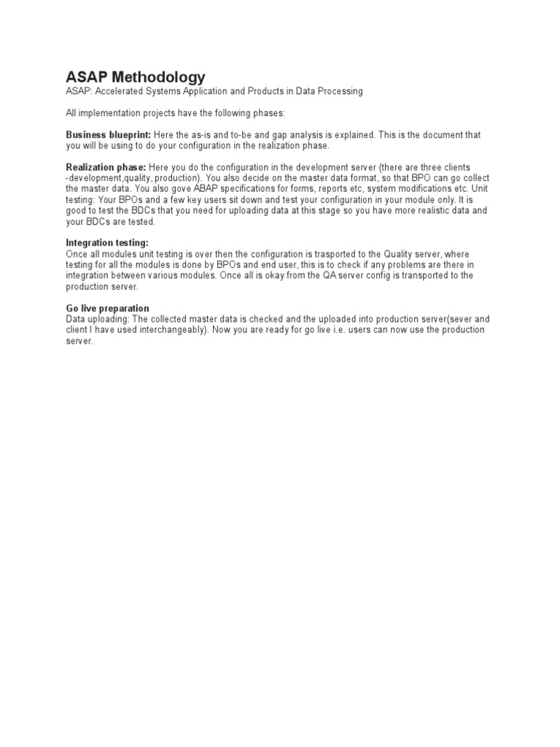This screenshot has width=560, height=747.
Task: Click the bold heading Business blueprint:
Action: click(x=109, y=136)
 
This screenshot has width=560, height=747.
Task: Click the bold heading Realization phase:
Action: click(x=106, y=168)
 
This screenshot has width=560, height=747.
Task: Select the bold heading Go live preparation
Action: click(x=108, y=308)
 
